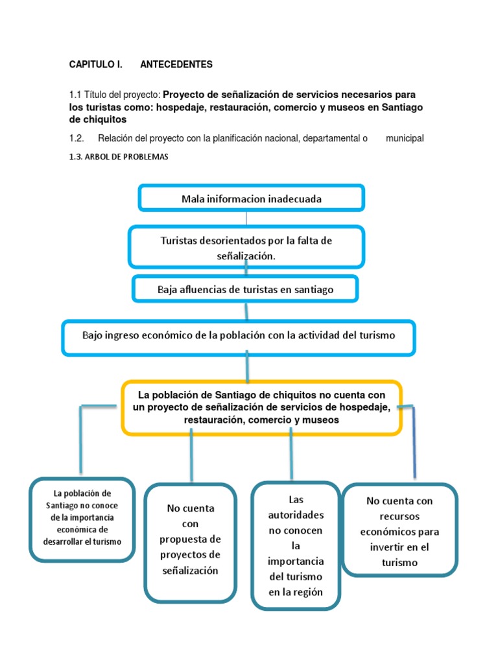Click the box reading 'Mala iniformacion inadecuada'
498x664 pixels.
(251, 198)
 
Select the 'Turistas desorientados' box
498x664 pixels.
(246, 248)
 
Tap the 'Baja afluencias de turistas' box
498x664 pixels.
(245, 289)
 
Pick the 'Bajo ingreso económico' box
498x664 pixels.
(239, 336)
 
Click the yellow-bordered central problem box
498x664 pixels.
(261, 407)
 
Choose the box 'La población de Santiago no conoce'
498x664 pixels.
(82, 518)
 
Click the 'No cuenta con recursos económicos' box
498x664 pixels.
(399, 530)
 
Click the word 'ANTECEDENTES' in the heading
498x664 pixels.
(176, 65)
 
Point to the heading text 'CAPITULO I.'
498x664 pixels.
(95, 65)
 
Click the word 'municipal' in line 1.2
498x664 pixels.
(405, 138)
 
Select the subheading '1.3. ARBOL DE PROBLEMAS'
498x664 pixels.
(119, 156)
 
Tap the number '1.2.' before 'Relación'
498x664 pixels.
(77, 138)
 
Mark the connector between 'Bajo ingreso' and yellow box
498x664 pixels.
(247, 368)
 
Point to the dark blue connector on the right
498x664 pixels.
(414, 441)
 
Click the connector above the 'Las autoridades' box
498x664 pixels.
(291, 457)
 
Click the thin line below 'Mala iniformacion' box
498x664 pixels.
(246, 218)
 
